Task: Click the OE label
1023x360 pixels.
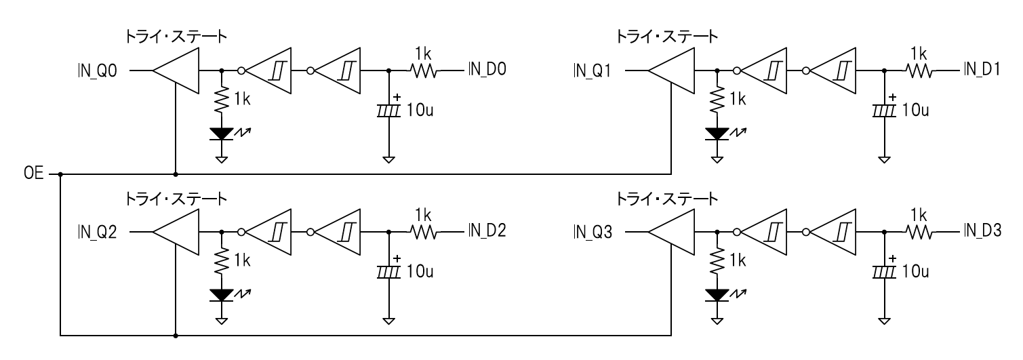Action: (x=33, y=174)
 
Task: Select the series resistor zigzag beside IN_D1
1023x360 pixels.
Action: (x=919, y=70)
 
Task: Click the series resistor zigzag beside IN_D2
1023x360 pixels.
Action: (x=424, y=232)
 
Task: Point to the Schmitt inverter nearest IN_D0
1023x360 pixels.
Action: (x=337, y=70)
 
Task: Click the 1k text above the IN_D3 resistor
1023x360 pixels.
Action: (x=919, y=214)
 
